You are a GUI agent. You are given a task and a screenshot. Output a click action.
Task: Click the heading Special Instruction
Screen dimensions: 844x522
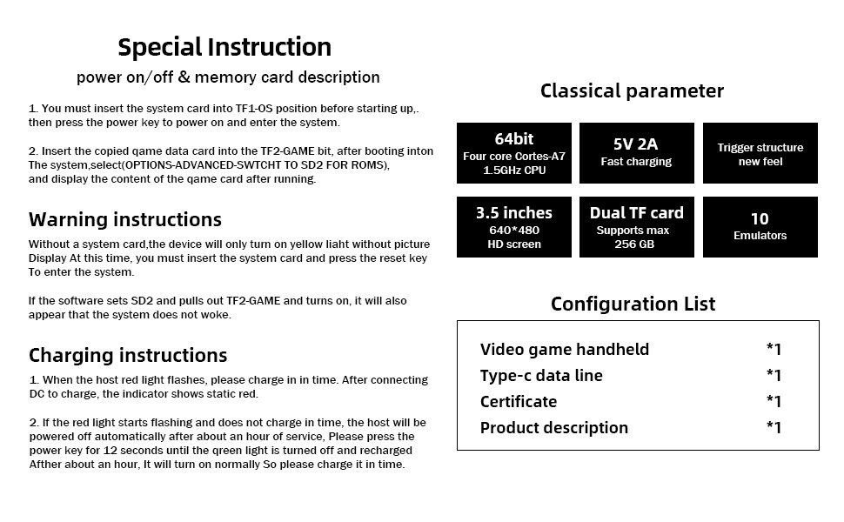pos(224,47)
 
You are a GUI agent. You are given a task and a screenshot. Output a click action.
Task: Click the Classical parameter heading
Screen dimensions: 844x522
pos(632,91)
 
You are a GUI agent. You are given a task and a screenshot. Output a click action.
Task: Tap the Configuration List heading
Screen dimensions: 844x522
pos(633,304)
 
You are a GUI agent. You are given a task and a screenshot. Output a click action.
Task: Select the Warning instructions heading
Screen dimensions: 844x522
pos(125,219)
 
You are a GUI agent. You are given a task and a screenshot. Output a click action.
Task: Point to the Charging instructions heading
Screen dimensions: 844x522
pos(128,355)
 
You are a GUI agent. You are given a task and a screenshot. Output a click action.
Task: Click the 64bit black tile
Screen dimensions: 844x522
pos(514,153)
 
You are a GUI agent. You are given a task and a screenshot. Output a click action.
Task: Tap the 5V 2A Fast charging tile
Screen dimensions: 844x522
pos(637,153)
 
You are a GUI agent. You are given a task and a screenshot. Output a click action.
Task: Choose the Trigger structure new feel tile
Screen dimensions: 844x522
pos(760,153)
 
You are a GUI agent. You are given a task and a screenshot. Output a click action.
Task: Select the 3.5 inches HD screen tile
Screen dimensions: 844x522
pos(514,227)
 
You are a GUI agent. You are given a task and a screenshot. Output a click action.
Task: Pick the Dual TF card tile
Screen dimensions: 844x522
pos(637,227)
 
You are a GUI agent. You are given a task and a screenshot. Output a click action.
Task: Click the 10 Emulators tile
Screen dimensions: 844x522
pos(760,227)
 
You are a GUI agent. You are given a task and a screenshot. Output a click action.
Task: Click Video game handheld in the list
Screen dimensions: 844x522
pos(565,350)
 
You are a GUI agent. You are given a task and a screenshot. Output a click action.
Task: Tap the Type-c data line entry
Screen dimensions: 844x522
pos(541,376)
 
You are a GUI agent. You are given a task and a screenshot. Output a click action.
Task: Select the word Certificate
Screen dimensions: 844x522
pos(519,402)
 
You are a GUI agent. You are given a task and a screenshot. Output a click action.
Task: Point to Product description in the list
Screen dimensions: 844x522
pos(554,428)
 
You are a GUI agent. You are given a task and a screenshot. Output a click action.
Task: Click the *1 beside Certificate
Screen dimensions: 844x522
pos(774,401)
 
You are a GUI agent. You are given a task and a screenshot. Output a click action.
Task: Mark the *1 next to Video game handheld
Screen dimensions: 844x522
pos(774,349)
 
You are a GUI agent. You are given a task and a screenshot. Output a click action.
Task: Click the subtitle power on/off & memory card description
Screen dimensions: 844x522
pos(228,77)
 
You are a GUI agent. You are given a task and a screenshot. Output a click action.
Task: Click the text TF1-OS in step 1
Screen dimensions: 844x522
pos(254,109)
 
